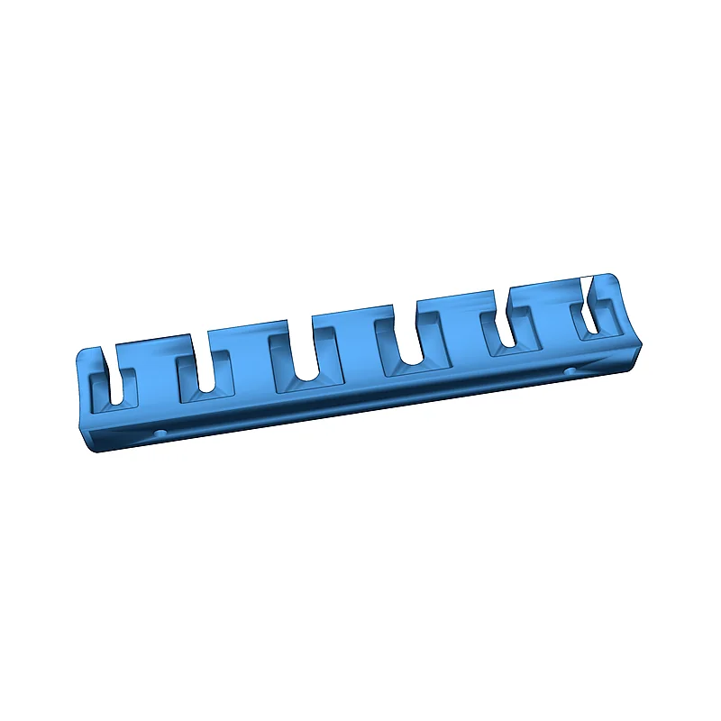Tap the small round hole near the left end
click(x=160, y=434)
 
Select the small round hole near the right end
click(x=570, y=370)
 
